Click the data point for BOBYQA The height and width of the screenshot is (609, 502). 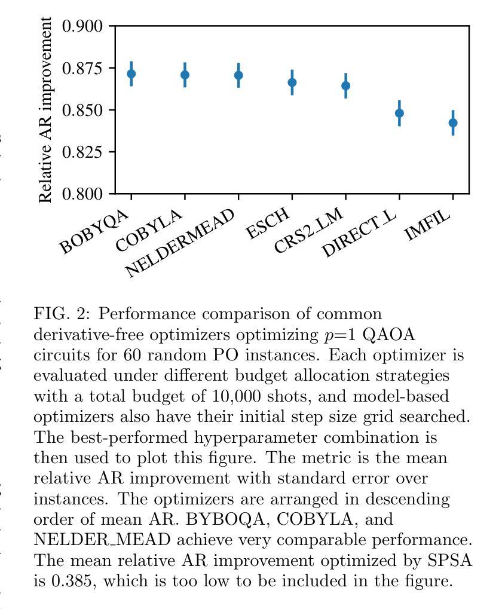coord(131,74)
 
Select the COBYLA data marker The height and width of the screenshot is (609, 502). coord(185,75)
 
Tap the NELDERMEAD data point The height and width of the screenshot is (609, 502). coord(239,75)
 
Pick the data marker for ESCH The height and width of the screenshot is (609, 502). coord(292,82)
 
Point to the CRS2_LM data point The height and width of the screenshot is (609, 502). coord(346,85)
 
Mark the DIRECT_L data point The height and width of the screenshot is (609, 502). coord(399,113)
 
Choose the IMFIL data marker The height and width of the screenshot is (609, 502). coord(453,123)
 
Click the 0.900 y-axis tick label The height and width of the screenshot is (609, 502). coord(82,26)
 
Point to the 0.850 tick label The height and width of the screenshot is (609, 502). coord(82,110)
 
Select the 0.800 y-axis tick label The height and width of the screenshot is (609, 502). coord(82,194)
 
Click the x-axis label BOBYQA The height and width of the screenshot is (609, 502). coord(94,231)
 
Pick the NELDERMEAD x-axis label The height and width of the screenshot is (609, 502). coord(180,243)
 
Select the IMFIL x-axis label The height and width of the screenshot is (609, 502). coord(427,225)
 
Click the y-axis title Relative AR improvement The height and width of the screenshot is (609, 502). coord(45,110)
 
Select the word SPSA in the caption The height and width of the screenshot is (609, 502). coord(449,561)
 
